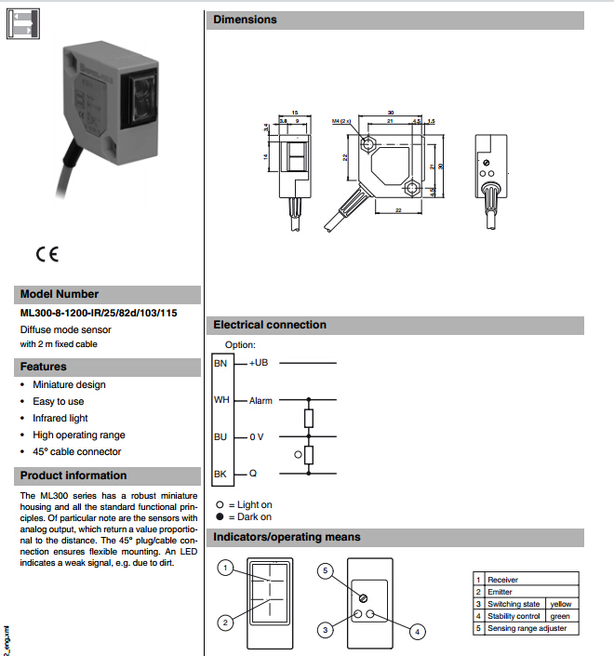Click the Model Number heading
point(60,294)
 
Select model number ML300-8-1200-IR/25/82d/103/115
point(99,313)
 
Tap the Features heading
point(44,367)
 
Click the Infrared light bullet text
point(60,418)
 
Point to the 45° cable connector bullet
point(77,451)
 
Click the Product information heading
point(73,475)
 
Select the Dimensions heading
point(246,20)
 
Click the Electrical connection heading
point(270,325)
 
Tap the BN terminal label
point(220,363)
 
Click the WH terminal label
point(221,400)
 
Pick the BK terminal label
point(220,474)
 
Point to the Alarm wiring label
point(260,401)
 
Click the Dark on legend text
point(255,516)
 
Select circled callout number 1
point(223,567)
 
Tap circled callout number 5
point(325,570)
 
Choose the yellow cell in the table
point(561,604)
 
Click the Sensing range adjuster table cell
point(527,628)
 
